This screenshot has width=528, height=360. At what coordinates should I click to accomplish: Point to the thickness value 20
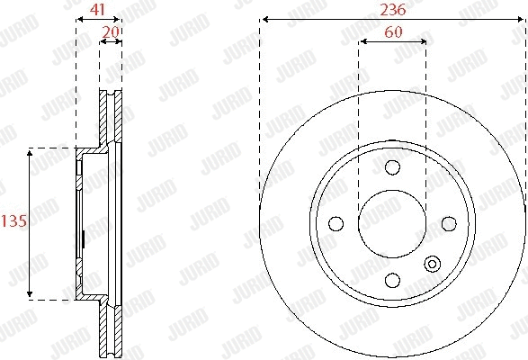[111, 31]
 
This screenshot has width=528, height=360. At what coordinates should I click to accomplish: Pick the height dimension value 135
[12, 221]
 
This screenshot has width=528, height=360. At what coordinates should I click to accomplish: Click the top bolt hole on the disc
[391, 167]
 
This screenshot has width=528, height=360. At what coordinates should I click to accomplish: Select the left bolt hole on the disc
[336, 222]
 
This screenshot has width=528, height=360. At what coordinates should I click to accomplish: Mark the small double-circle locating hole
[433, 265]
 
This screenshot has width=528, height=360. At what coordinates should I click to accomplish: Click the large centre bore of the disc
[391, 222]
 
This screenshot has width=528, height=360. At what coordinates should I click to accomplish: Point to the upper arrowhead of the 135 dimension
[31, 152]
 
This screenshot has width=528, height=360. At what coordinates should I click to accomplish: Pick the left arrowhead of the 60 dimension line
[362, 41]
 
